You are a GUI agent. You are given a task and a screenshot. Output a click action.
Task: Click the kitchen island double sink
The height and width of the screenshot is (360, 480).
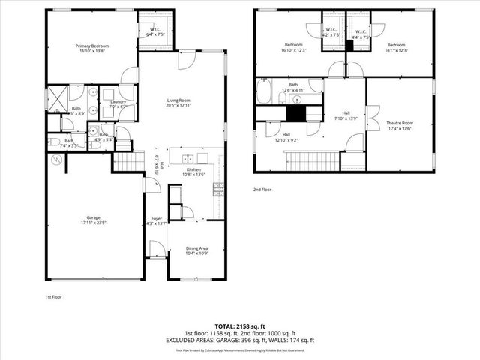(x=187, y=158)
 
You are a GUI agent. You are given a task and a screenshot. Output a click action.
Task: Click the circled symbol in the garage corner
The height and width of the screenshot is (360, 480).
(x=55, y=160)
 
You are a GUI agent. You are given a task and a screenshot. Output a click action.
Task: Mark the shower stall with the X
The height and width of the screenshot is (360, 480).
(x=57, y=97)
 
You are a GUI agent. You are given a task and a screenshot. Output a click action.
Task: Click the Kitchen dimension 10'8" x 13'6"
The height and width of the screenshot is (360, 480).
(x=194, y=175)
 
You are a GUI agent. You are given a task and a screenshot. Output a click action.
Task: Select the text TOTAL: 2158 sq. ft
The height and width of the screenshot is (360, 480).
(x=240, y=325)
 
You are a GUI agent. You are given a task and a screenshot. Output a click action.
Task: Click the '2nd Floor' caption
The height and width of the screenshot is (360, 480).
(x=262, y=190)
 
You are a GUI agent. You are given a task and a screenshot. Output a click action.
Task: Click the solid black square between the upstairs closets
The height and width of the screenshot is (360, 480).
(x=348, y=46)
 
